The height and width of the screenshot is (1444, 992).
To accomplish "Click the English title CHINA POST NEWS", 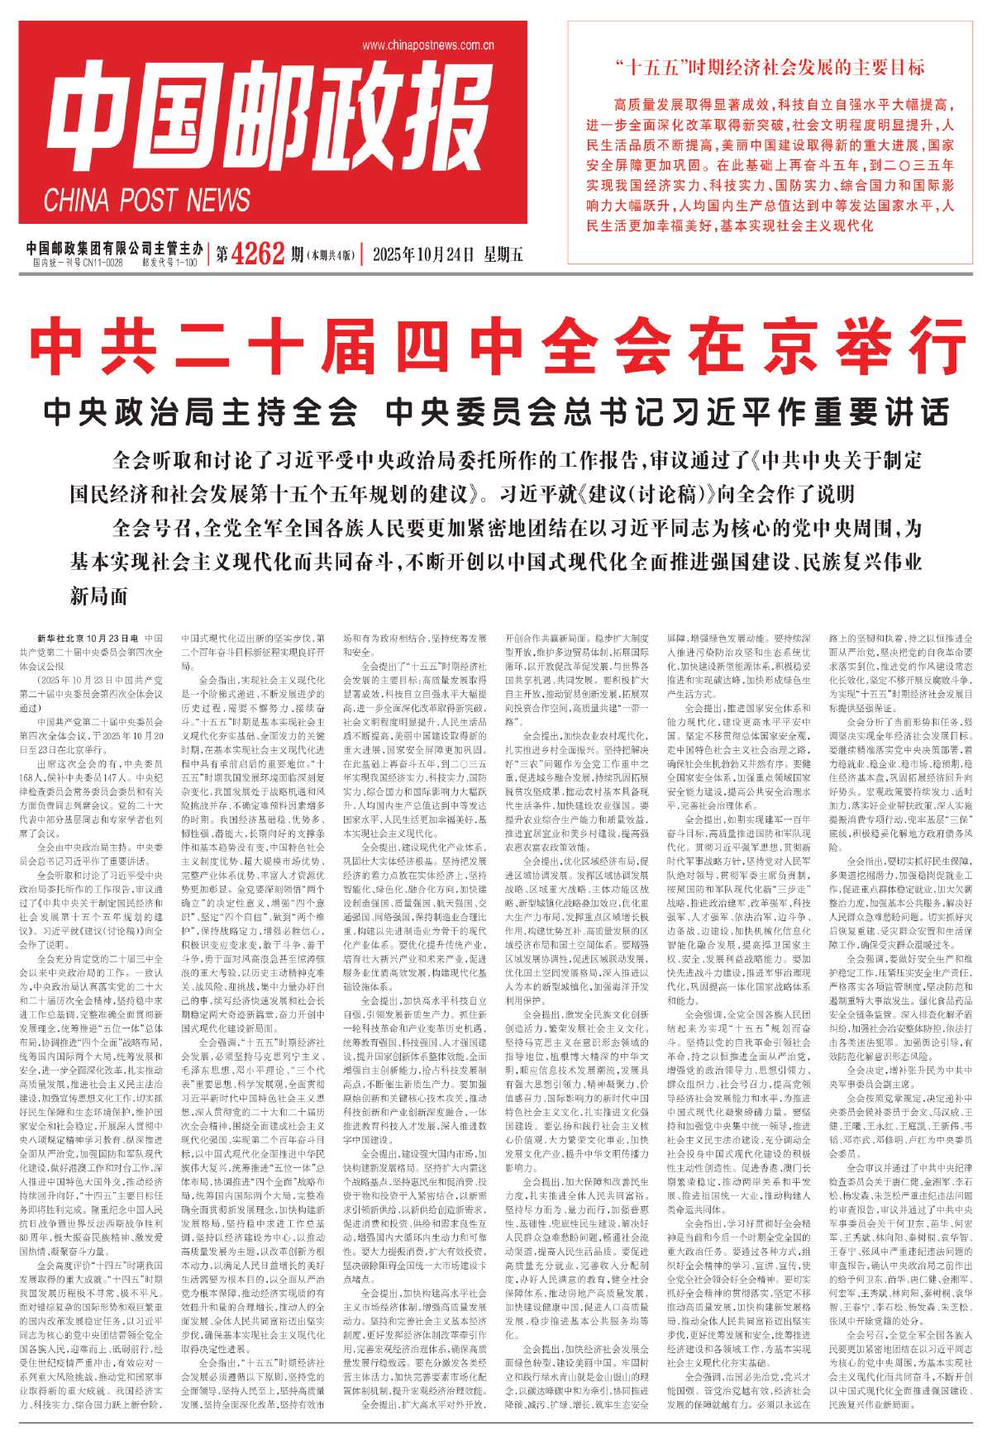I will pyautogui.click(x=146, y=200).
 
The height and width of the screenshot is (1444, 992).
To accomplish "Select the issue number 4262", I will pyautogui.click(x=258, y=254).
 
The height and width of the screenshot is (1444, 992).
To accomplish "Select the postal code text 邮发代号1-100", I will pyautogui.click(x=169, y=263).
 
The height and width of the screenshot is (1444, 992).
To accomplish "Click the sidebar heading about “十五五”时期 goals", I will pyautogui.click(x=770, y=67).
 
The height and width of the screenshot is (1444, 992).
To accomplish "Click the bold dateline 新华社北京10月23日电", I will pyautogui.click(x=88, y=639).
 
